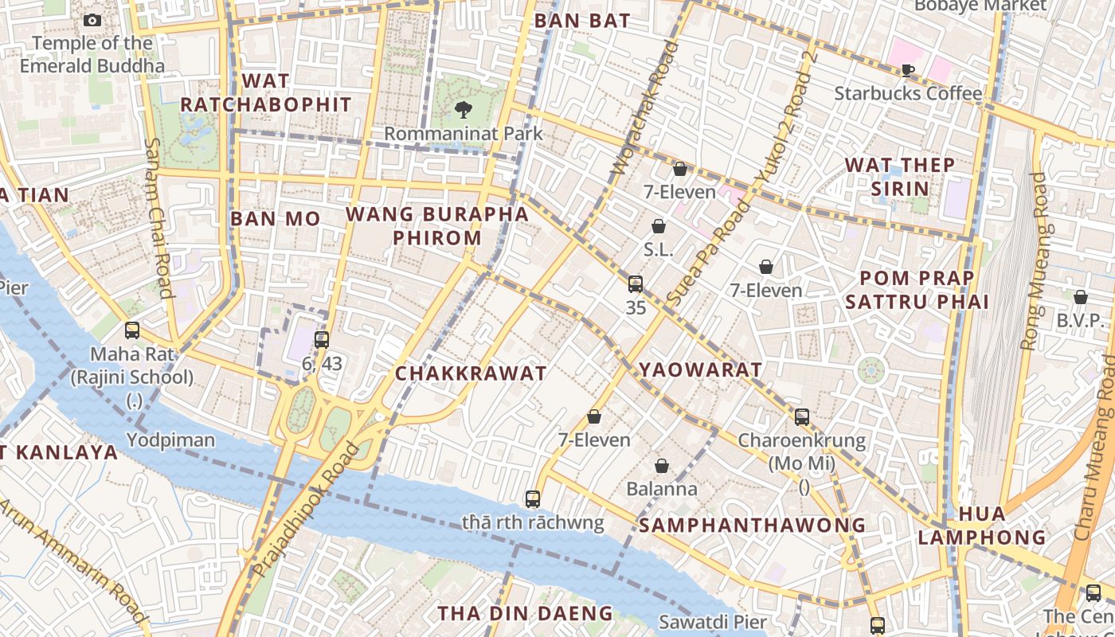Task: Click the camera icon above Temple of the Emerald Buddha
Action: pyautogui.click(x=92, y=20)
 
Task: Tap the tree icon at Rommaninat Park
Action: pyautogui.click(x=463, y=110)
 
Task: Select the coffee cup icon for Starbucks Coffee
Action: pyautogui.click(x=907, y=70)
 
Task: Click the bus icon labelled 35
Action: pyautogui.click(x=635, y=284)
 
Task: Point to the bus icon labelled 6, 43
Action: pyautogui.click(x=322, y=340)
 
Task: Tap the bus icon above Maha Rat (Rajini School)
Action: pyautogui.click(x=132, y=330)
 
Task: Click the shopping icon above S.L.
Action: pyautogui.click(x=659, y=226)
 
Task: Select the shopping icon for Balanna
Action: pyautogui.click(x=661, y=466)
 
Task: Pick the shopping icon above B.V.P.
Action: pyautogui.click(x=1081, y=297)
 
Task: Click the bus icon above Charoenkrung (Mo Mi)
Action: pyautogui.click(x=802, y=416)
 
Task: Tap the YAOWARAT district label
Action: pyautogui.click(x=700, y=369)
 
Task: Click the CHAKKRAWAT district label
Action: pyautogui.click(x=471, y=373)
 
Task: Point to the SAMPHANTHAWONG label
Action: pyautogui.click(x=752, y=525)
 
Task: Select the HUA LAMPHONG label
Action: pyautogui.click(x=981, y=526)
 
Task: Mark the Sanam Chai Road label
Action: pyautogui.click(x=157, y=218)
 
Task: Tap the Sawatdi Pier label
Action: pyautogui.click(x=713, y=622)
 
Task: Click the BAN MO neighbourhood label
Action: pyautogui.click(x=275, y=219)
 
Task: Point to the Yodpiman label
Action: pyautogui.click(x=170, y=440)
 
